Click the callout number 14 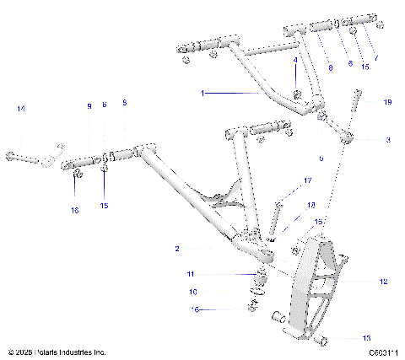pyautogui.click(x=21, y=109)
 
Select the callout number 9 pyautogui.click(x=88, y=105)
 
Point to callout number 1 pyautogui.click(x=202, y=93)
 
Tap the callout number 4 pyautogui.click(x=295, y=61)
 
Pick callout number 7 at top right pyautogui.click(x=376, y=58)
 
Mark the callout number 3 pyautogui.click(x=388, y=139)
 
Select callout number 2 pyautogui.click(x=178, y=249)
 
